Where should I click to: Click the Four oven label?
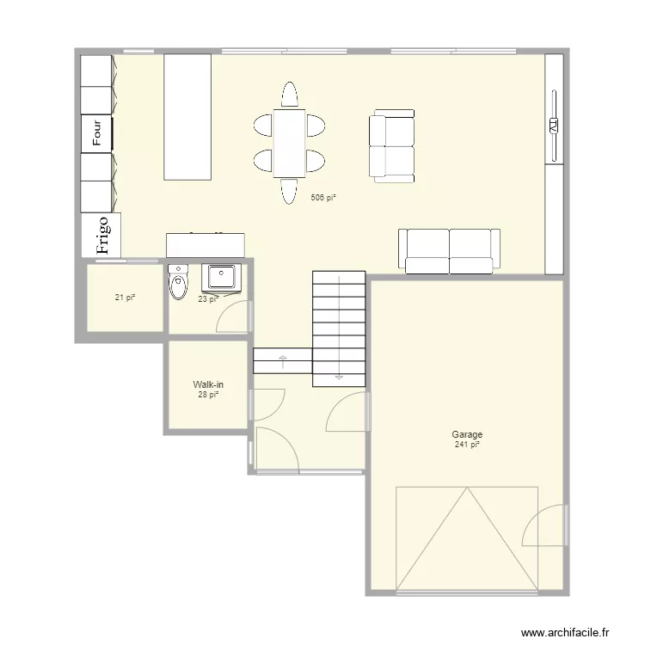(97, 133)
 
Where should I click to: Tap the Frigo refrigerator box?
(101, 235)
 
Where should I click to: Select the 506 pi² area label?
(323, 198)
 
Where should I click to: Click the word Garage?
(468, 435)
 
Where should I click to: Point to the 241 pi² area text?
(468, 445)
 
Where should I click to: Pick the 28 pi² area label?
(208, 395)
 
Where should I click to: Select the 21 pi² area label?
(126, 298)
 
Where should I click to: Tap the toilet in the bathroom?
(178, 284)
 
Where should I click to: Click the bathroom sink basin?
(222, 278)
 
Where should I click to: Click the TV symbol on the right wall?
(553, 126)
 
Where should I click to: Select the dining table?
(289, 143)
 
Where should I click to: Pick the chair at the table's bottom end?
(290, 191)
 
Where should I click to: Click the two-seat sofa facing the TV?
(392, 147)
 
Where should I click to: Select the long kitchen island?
(187, 117)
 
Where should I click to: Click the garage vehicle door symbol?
(466, 539)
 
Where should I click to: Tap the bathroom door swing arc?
(231, 316)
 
